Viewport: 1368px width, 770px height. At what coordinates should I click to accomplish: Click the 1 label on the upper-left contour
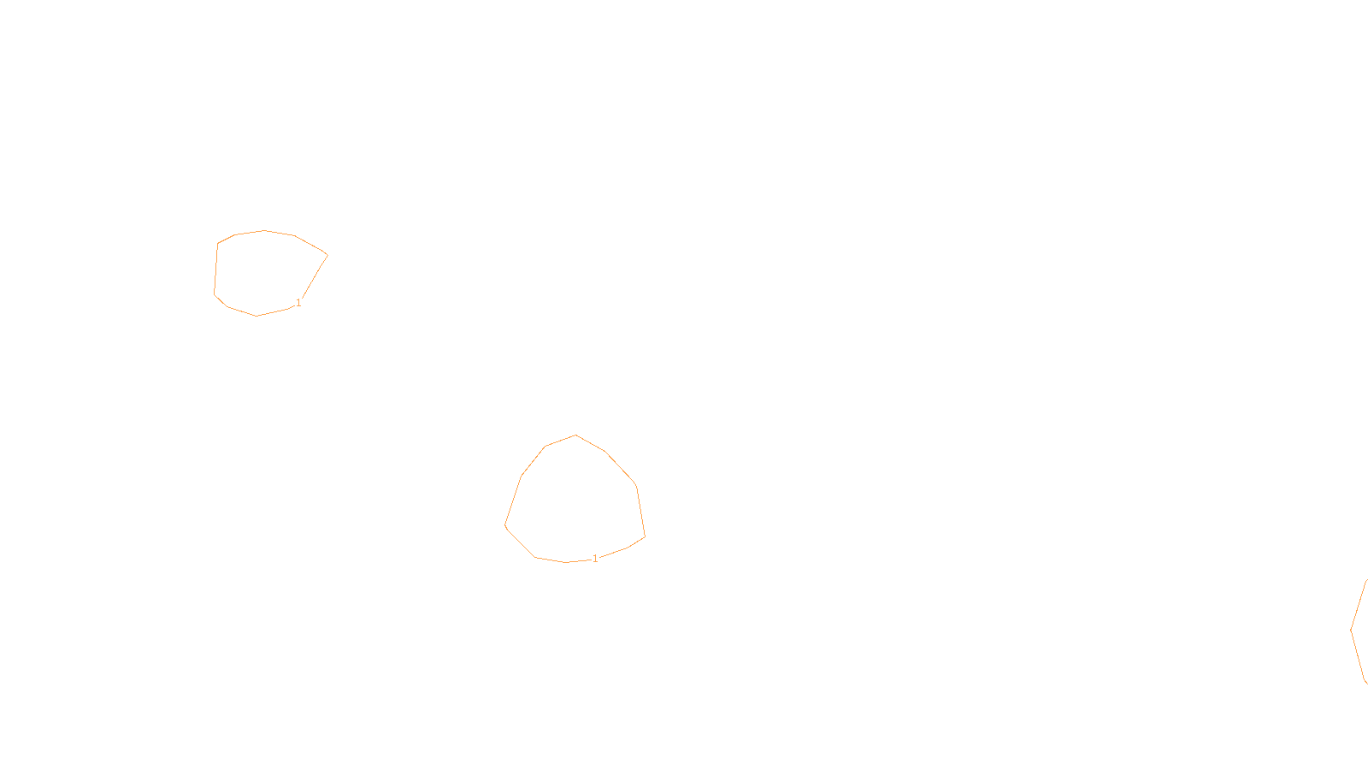[x=298, y=303]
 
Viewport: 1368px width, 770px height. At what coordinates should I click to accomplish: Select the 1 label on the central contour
[x=595, y=559]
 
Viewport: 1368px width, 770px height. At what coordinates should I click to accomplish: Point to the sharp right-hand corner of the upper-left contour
[x=327, y=255]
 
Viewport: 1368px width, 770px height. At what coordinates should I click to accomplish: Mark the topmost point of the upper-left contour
[x=264, y=230]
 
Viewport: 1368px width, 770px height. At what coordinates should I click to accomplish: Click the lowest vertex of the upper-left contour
[x=256, y=316]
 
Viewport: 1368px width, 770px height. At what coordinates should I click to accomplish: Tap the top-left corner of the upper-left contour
[x=218, y=243]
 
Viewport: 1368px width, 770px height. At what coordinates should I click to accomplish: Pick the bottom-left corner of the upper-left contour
[x=215, y=294]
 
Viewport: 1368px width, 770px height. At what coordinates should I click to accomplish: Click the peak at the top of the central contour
[x=575, y=435]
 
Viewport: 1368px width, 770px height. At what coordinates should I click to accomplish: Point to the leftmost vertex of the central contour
[x=505, y=525]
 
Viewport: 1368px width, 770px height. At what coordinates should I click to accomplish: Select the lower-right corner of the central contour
[x=645, y=537]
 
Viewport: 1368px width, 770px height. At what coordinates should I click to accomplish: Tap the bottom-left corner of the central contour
[x=535, y=557]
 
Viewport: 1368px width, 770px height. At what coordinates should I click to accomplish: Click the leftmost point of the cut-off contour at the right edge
[x=1351, y=631]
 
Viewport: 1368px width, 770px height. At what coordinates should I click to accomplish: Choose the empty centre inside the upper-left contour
[x=267, y=272]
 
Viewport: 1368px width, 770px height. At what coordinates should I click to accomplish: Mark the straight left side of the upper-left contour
[x=216, y=269]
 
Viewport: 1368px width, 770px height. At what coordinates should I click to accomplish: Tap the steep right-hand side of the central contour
[x=640, y=512]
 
